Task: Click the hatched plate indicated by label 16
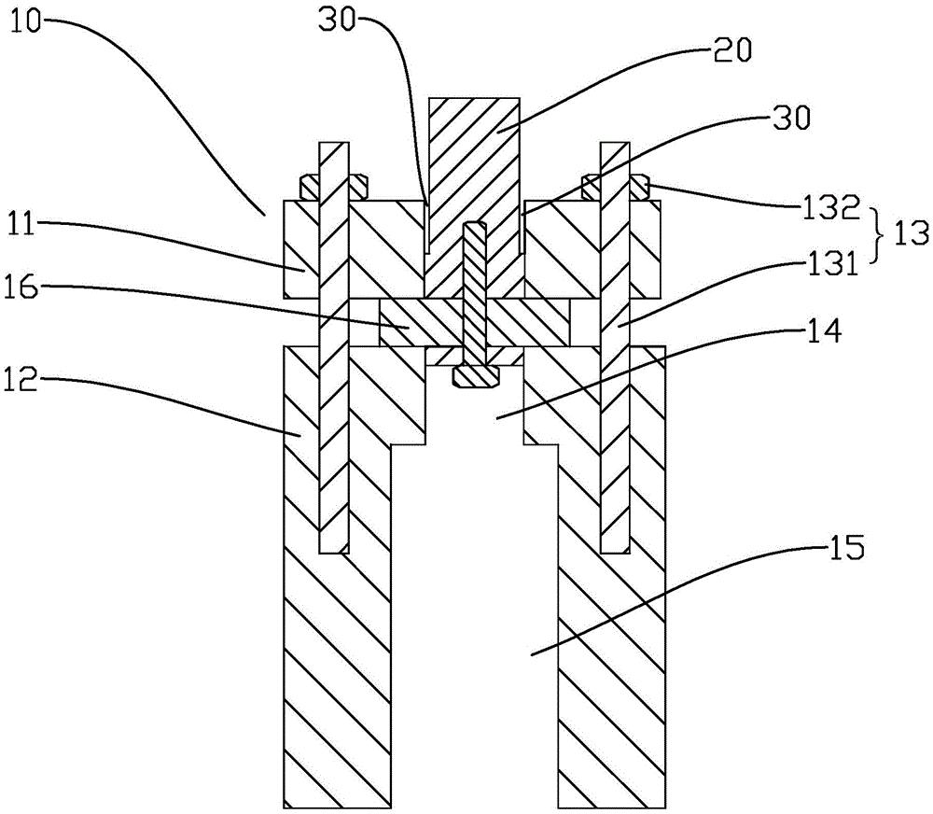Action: (411, 322)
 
